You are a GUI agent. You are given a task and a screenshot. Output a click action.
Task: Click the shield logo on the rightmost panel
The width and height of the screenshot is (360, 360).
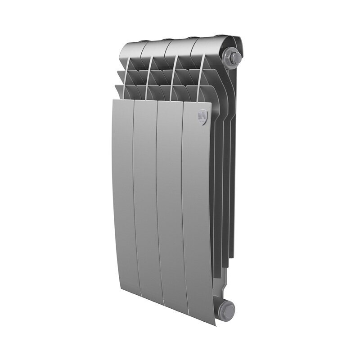[203, 117]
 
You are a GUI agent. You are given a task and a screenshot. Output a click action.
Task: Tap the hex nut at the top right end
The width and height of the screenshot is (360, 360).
[234, 58]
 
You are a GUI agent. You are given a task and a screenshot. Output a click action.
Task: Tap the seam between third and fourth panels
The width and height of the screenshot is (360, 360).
[183, 202]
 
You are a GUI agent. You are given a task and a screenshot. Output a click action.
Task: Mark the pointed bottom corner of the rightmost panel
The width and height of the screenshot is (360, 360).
[214, 324]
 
